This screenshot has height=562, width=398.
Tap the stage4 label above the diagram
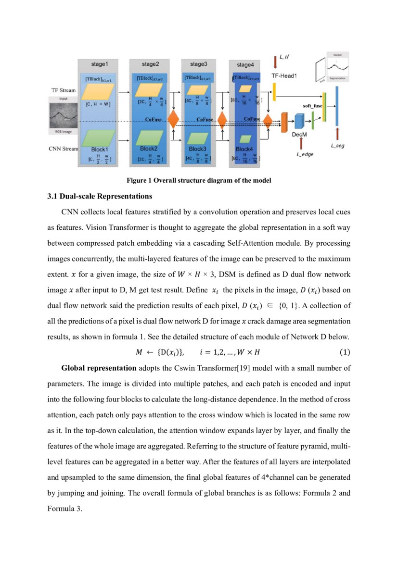pos(245,64)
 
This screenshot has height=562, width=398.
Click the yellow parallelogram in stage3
pos(196,90)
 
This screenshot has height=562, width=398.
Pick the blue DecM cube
pos(299,122)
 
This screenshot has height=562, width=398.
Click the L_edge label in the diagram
pos(305,154)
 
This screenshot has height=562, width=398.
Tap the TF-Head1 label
pos(284,76)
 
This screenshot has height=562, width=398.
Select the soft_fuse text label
pos(312,105)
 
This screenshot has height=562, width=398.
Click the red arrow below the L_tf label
pos(275,62)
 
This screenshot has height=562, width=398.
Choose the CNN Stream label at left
pos(63,149)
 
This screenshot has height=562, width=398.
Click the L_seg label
pos(338,145)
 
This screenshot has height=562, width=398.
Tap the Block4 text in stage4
pos(244,149)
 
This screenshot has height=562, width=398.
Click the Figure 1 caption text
pos(199,181)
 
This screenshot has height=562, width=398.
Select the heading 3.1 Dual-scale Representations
pos(100,196)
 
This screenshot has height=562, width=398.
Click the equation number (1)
pos(345,352)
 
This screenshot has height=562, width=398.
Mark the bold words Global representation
pos(99,368)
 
